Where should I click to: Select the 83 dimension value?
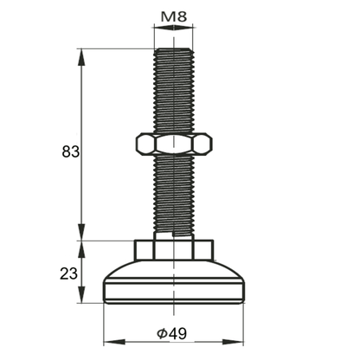[71, 152]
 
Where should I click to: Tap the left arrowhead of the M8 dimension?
[157, 29]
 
